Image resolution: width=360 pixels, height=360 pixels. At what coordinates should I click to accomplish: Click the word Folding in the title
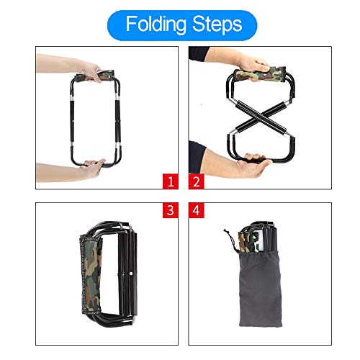(156, 24)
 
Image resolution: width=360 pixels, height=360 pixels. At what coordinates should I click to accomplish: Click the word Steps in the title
(213, 24)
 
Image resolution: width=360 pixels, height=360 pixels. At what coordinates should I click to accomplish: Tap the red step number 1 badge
(170, 181)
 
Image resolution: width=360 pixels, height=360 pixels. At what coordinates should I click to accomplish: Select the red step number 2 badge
(197, 181)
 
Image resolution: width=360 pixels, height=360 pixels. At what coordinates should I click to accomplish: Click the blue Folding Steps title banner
(183, 24)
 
